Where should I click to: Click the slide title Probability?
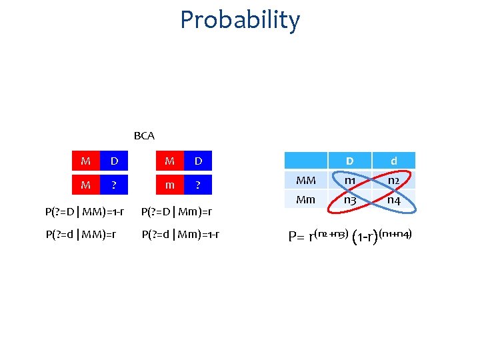pyautogui.click(x=240, y=20)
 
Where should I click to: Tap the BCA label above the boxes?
pyautogui.click(x=144, y=136)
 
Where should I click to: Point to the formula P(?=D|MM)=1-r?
pyautogui.click(x=84, y=212)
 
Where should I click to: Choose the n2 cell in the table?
pyautogui.click(x=394, y=180)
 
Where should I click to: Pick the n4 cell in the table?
pyautogui.click(x=394, y=199)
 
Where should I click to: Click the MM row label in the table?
pyautogui.click(x=305, y=180)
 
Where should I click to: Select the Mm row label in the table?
pyautogui.click(x=305, y=199)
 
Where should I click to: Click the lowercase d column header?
pyautogui.click(x=394, y=161)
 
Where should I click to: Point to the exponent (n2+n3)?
pyautogui.click(x=331, y=233)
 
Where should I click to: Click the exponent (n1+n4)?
pyautogui.click(x=399, y=233)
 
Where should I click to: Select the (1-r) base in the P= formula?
pyautogui.click(x=365, y=237)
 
